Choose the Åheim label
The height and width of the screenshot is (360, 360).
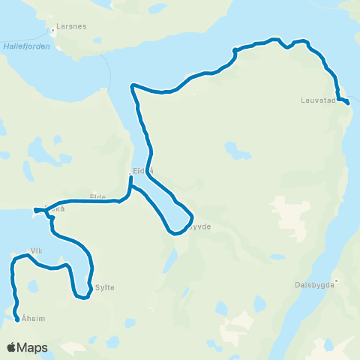pyautogui.click(x=34, y=319)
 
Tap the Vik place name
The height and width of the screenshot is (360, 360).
pyautogui.click(x=35, y=250)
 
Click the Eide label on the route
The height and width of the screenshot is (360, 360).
pyautogui.click(x=97, y=196)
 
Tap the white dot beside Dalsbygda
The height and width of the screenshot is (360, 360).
pyautogui.click(x=337, y=281)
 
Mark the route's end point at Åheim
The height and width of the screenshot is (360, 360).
pyautogui.click(x=17, y=320)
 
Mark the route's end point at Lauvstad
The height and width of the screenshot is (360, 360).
pyautogui.click(x=348, y=102)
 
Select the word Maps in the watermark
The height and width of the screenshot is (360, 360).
pyautogui.click(x=33, y=347)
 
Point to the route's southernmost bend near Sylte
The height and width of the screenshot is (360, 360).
pyautogui.click(x=83, y=298)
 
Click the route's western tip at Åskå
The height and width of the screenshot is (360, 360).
pyautogui.click(x=34, y=211)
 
